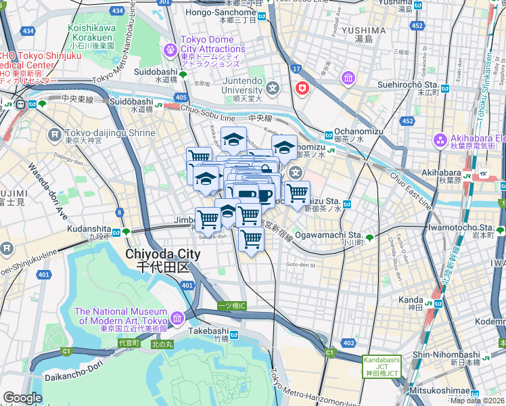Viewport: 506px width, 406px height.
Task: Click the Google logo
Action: point(22,398)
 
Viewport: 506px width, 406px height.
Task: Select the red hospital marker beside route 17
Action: point(302,88)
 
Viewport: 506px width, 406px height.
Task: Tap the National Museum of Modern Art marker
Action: point(177,317)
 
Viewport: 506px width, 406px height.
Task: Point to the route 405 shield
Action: point(181,98)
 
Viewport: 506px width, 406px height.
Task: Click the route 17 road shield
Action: point(296,68)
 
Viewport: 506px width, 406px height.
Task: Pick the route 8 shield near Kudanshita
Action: point(120,212)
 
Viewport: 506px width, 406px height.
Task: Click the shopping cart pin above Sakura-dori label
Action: point(208,219)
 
